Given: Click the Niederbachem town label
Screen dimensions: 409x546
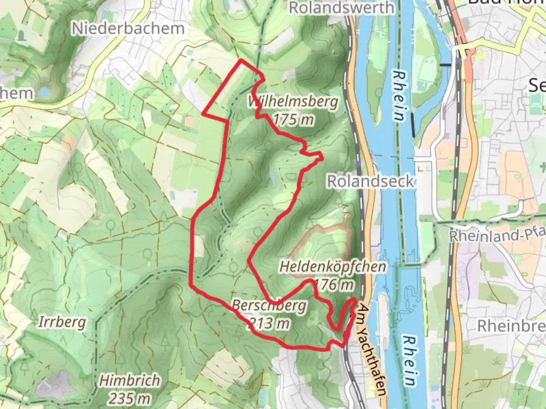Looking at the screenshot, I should coord(128,29).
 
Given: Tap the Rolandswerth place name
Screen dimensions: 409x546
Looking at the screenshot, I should coord(341,8).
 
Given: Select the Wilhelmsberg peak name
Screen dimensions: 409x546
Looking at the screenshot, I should coord(293,102).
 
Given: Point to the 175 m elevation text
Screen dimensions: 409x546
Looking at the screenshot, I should coord(293,120).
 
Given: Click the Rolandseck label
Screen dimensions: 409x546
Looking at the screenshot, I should coord(370,181).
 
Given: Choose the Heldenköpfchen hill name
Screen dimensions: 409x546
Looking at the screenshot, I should coord(333,267).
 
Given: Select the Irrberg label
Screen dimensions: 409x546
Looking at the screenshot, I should coord(62,322).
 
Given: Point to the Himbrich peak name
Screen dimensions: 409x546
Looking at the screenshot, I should coord(129,381).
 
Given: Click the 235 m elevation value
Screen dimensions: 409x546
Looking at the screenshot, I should coord(129,398).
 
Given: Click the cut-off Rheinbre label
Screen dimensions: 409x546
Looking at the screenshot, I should coord(511,326).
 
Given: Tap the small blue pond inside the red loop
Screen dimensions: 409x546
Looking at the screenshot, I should coord(272,176).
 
